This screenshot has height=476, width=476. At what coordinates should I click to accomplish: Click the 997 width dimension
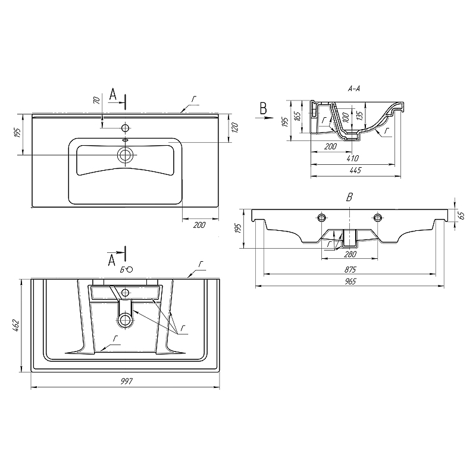coord(126,381)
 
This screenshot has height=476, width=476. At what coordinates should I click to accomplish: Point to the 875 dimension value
coord(350,269)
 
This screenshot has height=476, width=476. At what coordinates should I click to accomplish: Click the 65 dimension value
coord(461,215)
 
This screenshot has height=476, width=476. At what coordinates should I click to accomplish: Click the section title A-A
coord(354,89)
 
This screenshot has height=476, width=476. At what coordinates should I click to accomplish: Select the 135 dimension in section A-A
coord(360,114)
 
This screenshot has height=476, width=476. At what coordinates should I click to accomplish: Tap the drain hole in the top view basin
coord(125,155)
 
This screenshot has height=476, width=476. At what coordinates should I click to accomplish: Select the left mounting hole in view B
coord(322,215)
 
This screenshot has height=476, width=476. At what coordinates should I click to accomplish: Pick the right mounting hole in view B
coord(377,215)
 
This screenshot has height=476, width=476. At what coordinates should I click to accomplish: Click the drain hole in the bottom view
coord(125,320)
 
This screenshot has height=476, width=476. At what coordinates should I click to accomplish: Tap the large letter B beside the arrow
coord(262,108)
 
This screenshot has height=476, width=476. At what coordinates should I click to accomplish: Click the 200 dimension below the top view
coord(200,225)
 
